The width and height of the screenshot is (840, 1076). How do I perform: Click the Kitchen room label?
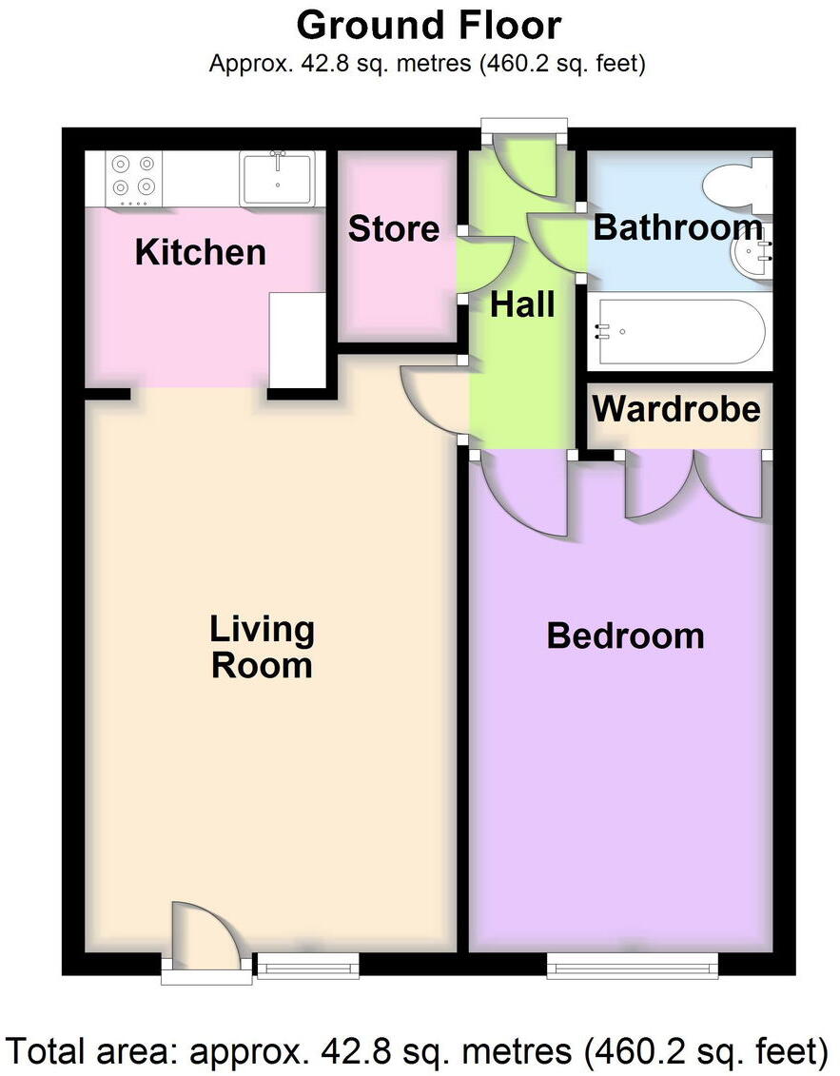pyautogui.click(x=200, y=252)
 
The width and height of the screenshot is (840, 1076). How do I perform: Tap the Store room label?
pyautogui.click(x=393, y=229)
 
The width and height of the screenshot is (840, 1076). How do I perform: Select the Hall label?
pyautogui.click(x=522, y=305)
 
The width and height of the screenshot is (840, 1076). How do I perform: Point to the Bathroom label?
pyautogui.click(x=677, y=228)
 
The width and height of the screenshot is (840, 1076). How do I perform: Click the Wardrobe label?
pyautogui.click(x=676, y=409)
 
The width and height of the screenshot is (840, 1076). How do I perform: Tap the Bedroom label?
pyautogui.click(x=625, y=636)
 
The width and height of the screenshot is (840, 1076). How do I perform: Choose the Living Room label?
pyautogui.click(x=262, y=647)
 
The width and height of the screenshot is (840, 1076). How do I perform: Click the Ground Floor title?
pyautogui.click(x=428, y=26)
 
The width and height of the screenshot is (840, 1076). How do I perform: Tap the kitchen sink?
pyautogui.click(x=278, y=177)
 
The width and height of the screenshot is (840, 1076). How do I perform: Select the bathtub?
pyautogui.click(x=677, y=332)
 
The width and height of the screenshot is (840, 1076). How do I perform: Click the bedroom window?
pyautogui.click(x=632, y=968)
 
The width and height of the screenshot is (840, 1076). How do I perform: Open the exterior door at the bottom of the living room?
pyautogui.click(x=202, y=942)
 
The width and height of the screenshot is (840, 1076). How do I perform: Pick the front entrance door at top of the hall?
pyautogui.click(x=525, y=162)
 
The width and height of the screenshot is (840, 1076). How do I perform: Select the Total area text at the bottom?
pyautogui.click(x=420, y=1051)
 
